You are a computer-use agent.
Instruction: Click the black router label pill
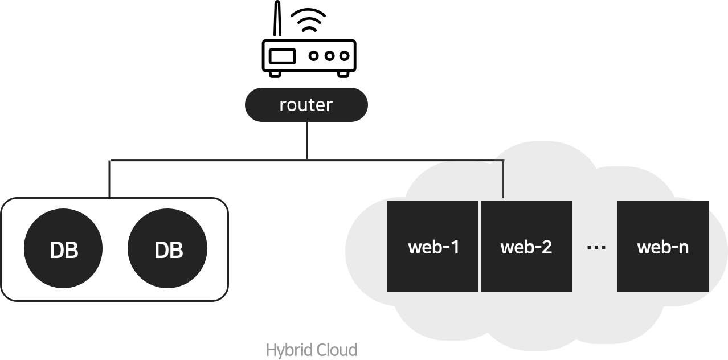[306, 105]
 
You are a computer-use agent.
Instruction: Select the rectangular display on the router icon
[283, 56]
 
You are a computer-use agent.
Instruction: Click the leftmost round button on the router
[314, 56]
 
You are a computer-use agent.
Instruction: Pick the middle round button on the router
[329, 56]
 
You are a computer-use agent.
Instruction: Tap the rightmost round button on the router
[343, 56]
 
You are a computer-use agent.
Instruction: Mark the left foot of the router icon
[274, 73]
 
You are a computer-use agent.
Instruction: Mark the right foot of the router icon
[343, 73]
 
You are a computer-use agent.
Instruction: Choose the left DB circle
[63, 250]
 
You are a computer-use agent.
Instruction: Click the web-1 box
[433, 246]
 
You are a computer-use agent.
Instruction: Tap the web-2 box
[526, 246]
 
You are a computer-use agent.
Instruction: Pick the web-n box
[662, 246]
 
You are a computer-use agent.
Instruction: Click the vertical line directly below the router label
[307, 140]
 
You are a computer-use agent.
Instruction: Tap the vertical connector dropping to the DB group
[109, 179]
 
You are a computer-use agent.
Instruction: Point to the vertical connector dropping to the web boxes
[503, 179]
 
